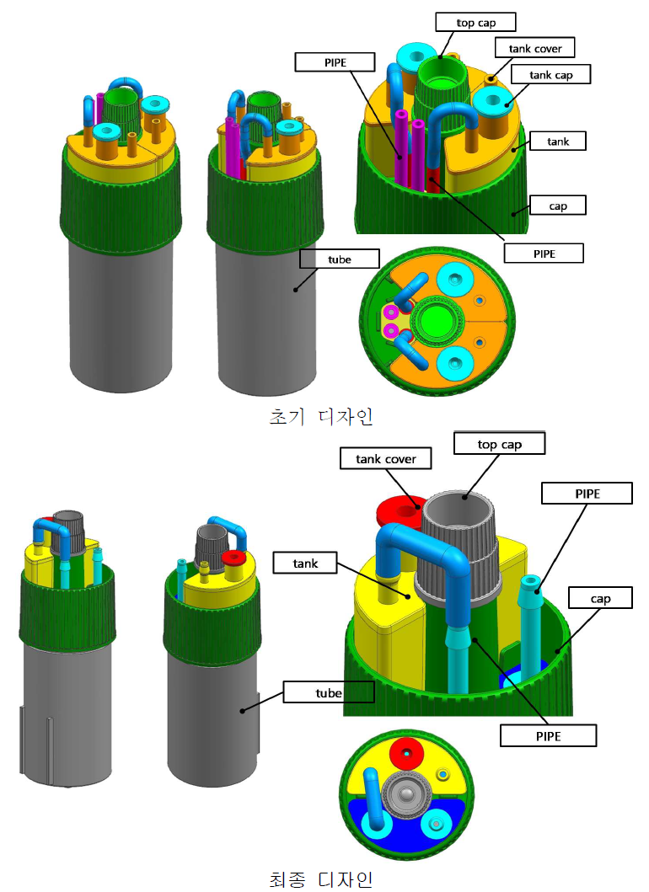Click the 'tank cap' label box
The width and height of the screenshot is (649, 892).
click(550, 74)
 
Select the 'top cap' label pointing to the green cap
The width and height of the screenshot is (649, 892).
click(475, 23)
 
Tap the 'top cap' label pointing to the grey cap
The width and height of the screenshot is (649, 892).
click(499, 444)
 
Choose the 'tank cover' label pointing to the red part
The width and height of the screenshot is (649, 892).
click(385, 458)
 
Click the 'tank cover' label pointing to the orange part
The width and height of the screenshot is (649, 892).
click(534, 48)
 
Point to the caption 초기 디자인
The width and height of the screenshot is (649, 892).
click(321, 417)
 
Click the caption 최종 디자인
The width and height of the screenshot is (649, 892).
click(321, 879)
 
